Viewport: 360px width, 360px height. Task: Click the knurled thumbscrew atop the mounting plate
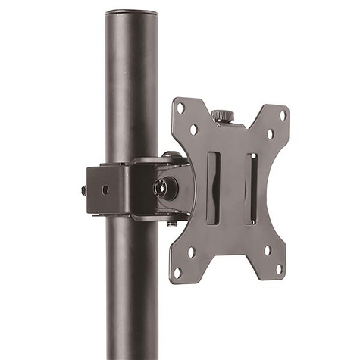tap(222, 115)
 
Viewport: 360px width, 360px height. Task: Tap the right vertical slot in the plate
tap(251, 188)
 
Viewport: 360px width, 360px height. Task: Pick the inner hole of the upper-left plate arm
tap(194, 130)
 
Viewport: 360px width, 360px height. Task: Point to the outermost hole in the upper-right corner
tap(283, 115)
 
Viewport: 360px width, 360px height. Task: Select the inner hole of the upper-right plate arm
tap(270, 134)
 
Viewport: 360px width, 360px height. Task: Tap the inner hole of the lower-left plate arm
tap(191, 252)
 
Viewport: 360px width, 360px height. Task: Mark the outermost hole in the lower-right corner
tap(278, 268)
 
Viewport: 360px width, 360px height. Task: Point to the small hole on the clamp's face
tap(105, 189)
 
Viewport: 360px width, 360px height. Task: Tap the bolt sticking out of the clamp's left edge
tap(83, 190)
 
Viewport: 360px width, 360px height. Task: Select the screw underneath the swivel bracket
tap(172, 223)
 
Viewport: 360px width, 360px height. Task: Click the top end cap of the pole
tap(131, 13)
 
